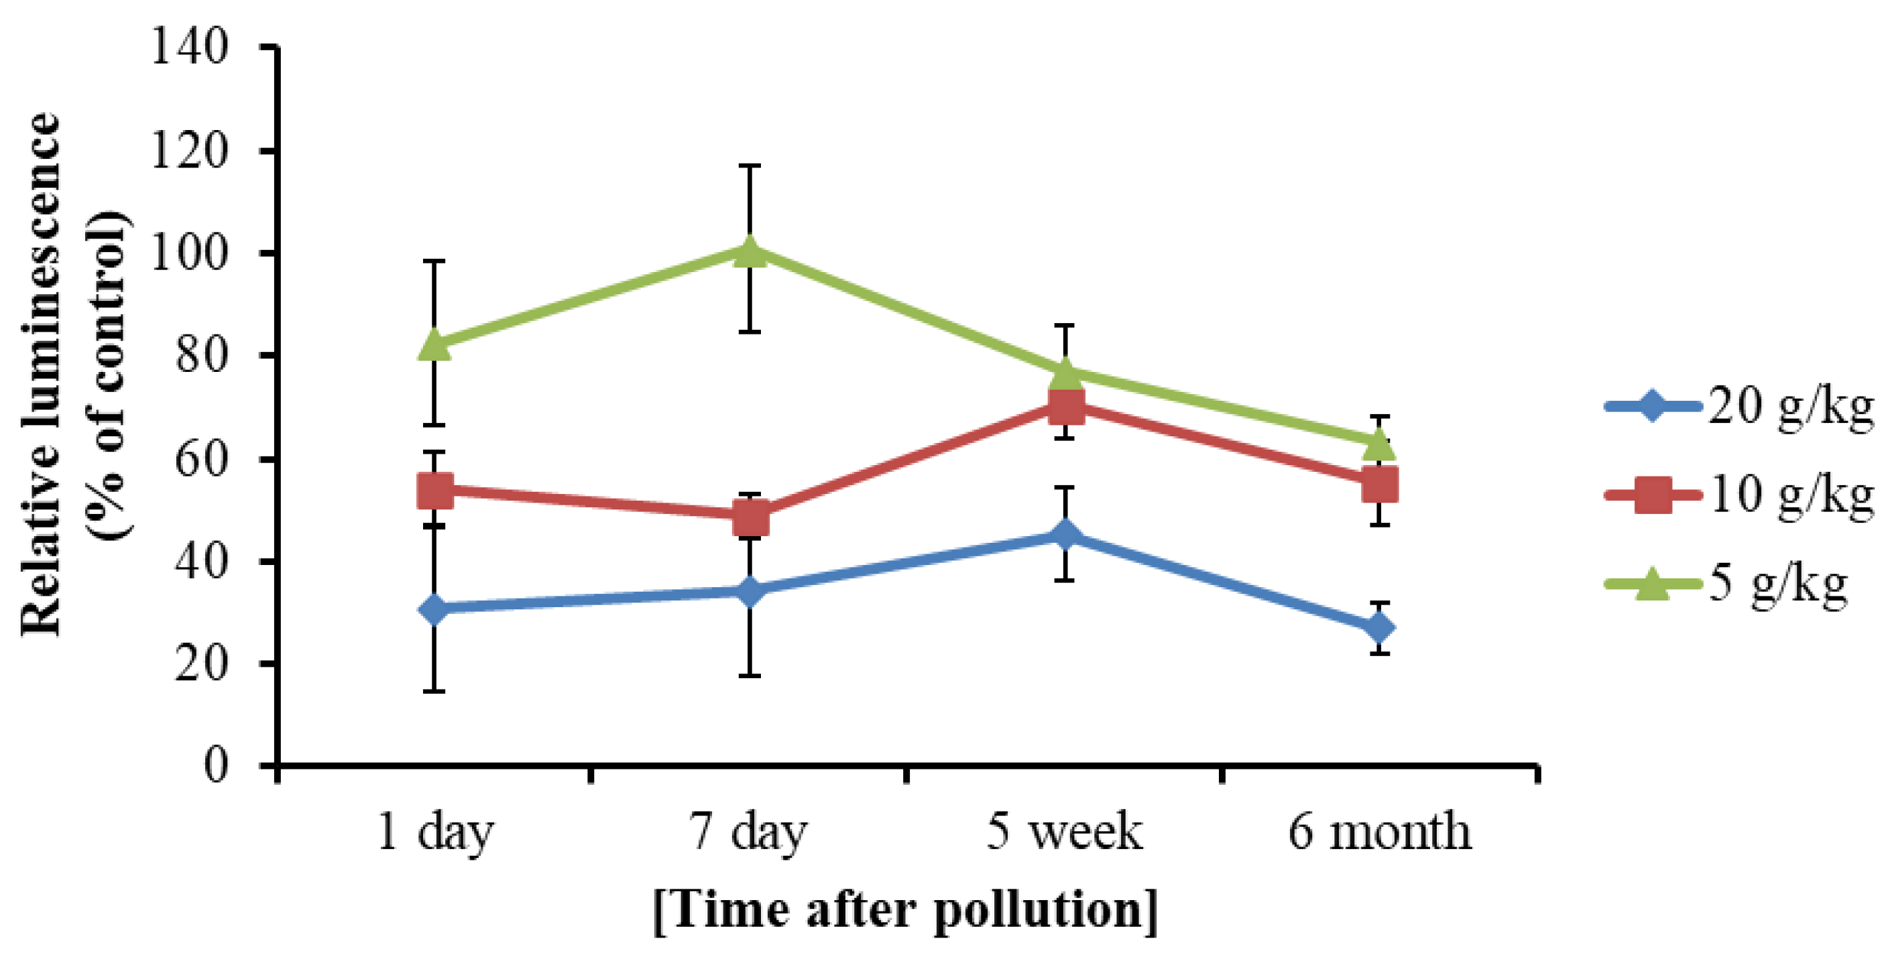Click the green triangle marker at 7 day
[x=750, y=251]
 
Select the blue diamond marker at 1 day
[x=434, y=608]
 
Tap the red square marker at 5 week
[x=1065, y=406]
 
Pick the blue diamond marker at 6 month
[x=1379, y=628]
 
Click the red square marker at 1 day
[x=434, y=489]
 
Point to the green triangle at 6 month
[x=1379, y=443]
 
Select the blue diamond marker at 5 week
[x=1065, y=534]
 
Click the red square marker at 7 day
[x=750, y=518]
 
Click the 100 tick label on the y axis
[x=189, y=253]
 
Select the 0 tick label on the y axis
[x=216, y=765]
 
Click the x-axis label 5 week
[x=1064, y=832]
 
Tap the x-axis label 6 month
[x=1379, y=832]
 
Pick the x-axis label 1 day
[x=435, y=832]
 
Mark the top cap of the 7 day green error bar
[x=750, y=166]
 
